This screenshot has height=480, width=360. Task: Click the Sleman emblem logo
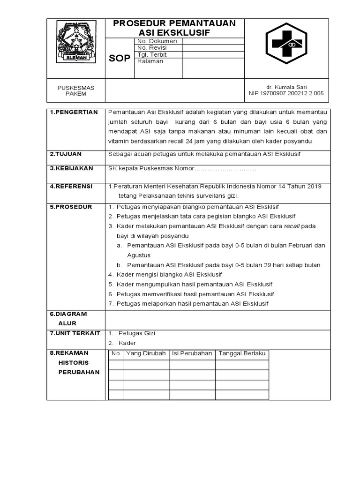(x=76, y=42)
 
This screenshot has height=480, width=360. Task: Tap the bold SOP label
(x=120, y=59)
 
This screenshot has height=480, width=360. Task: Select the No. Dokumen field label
(x=157, y=41)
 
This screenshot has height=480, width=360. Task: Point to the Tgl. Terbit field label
(x=152, y=54)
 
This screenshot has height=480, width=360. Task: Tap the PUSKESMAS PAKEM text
(x=75, y=90)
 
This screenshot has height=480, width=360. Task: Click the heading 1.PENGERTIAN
(x=74, y=112)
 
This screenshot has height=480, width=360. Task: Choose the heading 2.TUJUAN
(x=66, y=154)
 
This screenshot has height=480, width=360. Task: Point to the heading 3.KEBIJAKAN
(x=71, y=168)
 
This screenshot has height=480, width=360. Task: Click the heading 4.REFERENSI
(x=71, y=186)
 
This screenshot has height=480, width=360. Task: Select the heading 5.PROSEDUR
(x=71, y=207)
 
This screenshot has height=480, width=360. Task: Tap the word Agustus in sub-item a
(x=139, y=255)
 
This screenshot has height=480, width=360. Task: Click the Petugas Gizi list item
(x=136, y=333)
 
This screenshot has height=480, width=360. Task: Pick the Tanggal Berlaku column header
(x=242, y=353)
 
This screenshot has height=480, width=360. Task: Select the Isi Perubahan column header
(x=192, y=353)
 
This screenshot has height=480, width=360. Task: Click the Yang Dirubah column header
(x=146, y=353)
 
